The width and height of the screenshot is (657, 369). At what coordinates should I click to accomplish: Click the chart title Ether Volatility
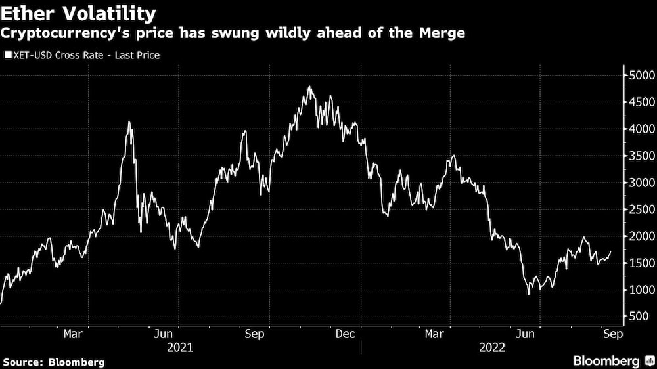point(79,13)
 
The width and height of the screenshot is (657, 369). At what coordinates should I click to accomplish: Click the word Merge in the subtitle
point(443,33)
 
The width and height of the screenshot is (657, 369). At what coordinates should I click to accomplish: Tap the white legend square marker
point(8,55)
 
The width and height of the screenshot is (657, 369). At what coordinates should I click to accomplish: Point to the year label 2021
point(180,347)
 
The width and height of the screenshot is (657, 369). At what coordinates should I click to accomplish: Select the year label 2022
point(493,347)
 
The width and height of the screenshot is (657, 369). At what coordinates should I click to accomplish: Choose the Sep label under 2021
point(254,334)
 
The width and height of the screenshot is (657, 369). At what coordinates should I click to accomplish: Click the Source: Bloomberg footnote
point(54,362)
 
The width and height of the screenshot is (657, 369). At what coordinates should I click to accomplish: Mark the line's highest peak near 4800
point(309,87)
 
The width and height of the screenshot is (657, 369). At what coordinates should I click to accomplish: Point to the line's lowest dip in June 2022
point(529,293)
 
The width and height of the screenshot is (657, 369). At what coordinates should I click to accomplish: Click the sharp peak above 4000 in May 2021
point(129,121)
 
